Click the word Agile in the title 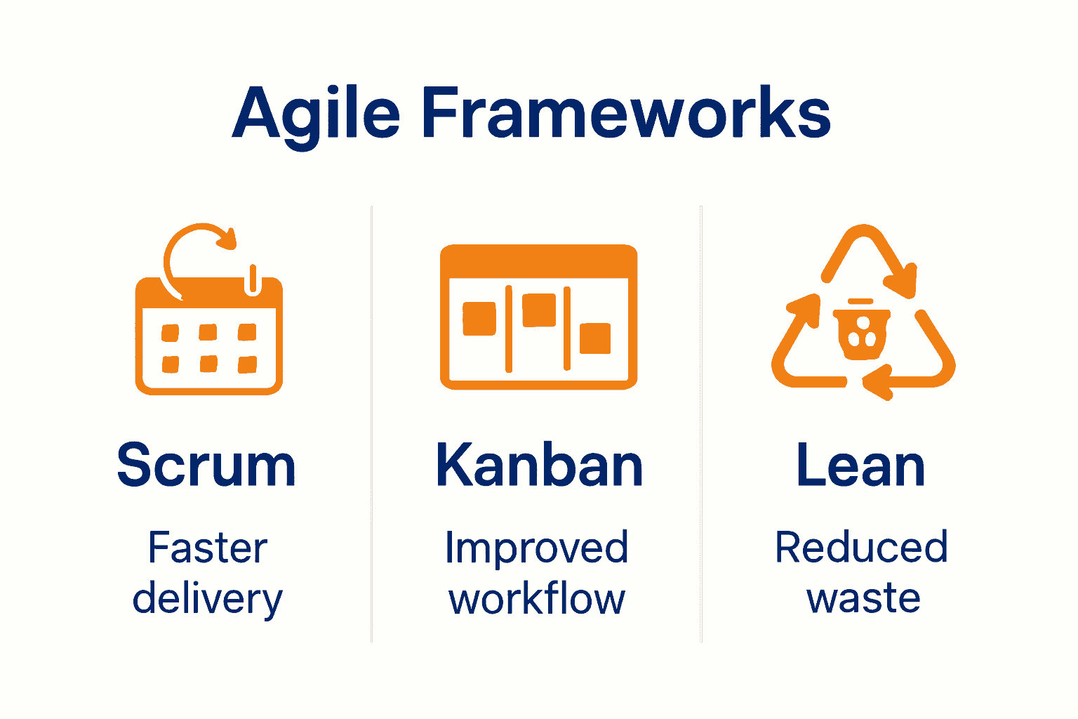[316, 114]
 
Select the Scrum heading [206, 465]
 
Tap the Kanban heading [539, 465]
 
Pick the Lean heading [860, 465]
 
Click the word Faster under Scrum [208, 548]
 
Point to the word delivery [208, 600]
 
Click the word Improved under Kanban [537, 548]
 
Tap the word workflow [537, 600]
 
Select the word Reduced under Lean [861, 548]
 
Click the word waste [863, 599]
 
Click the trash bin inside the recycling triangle [862, 331]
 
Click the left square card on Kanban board [479, 319]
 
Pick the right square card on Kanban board [595, 338]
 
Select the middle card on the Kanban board [539, 310]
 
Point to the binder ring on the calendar [253, 279]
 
